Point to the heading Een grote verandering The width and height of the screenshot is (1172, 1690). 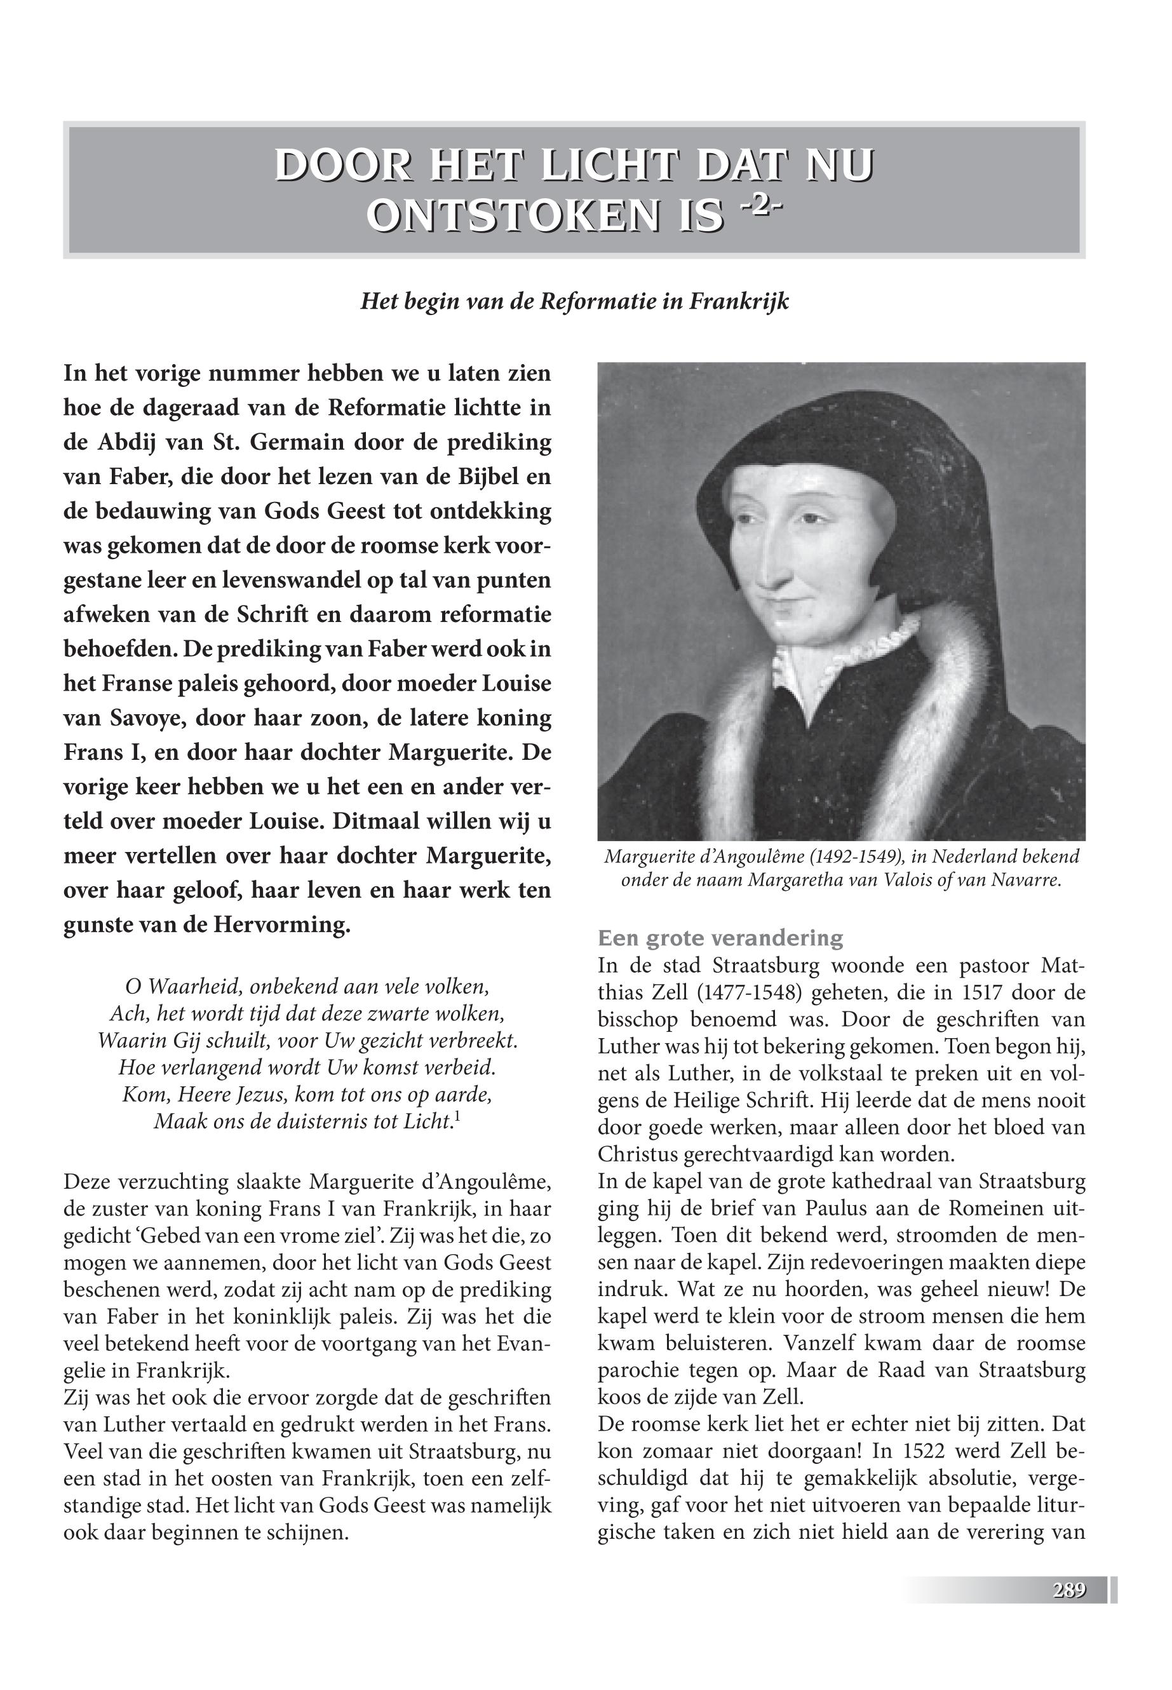coord(720,938)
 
